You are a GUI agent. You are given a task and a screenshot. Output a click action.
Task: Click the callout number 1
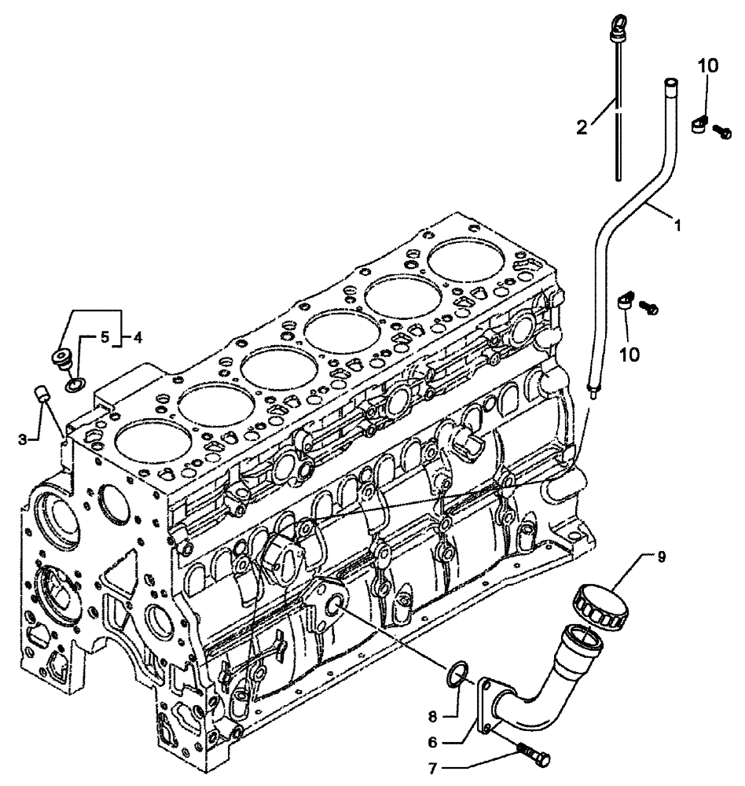676,224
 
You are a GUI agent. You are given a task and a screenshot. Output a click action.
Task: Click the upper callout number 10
708,68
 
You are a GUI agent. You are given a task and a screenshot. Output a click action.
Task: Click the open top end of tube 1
670,82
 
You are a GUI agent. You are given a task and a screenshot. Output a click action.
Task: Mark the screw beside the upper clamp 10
724,133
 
